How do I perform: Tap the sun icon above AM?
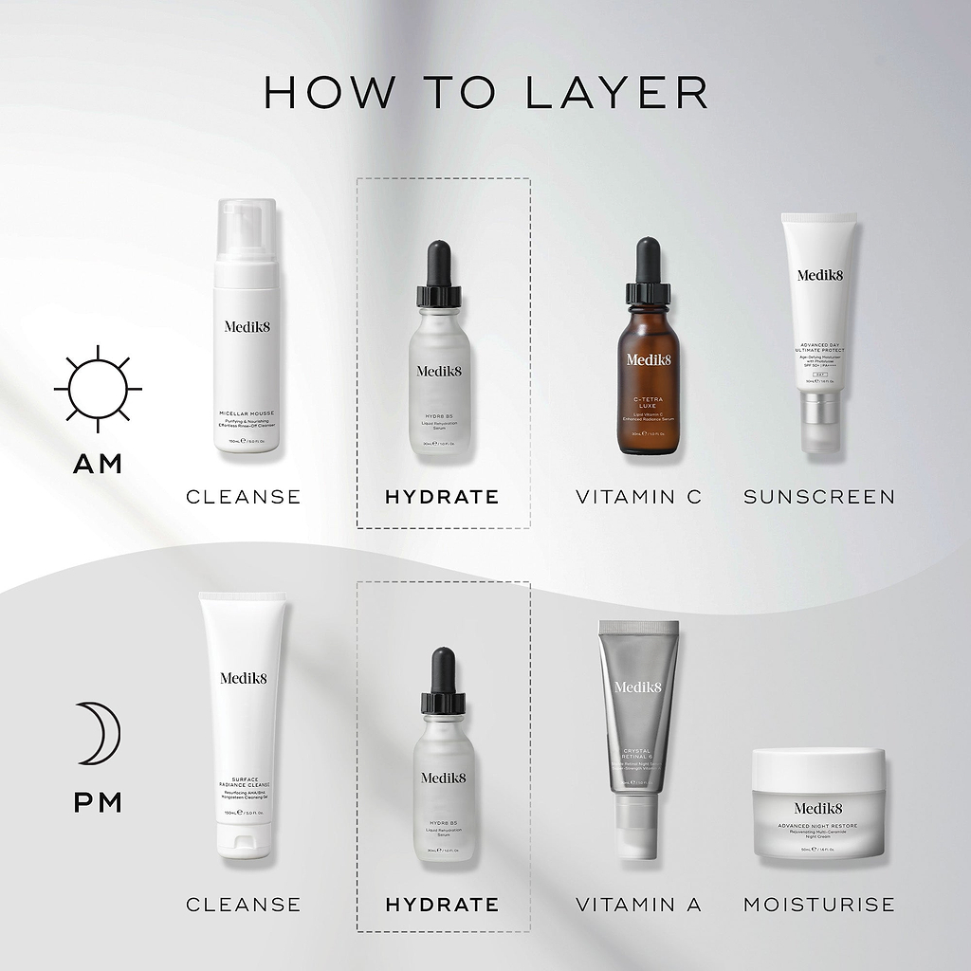click(98, 388)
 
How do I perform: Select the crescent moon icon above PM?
click(100, 734)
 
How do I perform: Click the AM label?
click(99, 465)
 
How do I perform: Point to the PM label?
click(99, 803)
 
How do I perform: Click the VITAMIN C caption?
click(639, 497)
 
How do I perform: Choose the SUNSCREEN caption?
click(819, 497)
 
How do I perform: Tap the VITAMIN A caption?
click(639, 905)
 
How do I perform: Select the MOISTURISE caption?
click(819, 905)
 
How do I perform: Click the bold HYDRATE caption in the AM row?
click(442, 497)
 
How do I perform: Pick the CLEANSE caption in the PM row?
click(244, 905)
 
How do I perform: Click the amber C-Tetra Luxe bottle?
click(648, 379)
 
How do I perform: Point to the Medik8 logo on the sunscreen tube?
click(819, 276)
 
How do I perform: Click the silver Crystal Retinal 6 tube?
click(638, 711)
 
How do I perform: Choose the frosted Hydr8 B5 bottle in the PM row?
click(443, 787)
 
